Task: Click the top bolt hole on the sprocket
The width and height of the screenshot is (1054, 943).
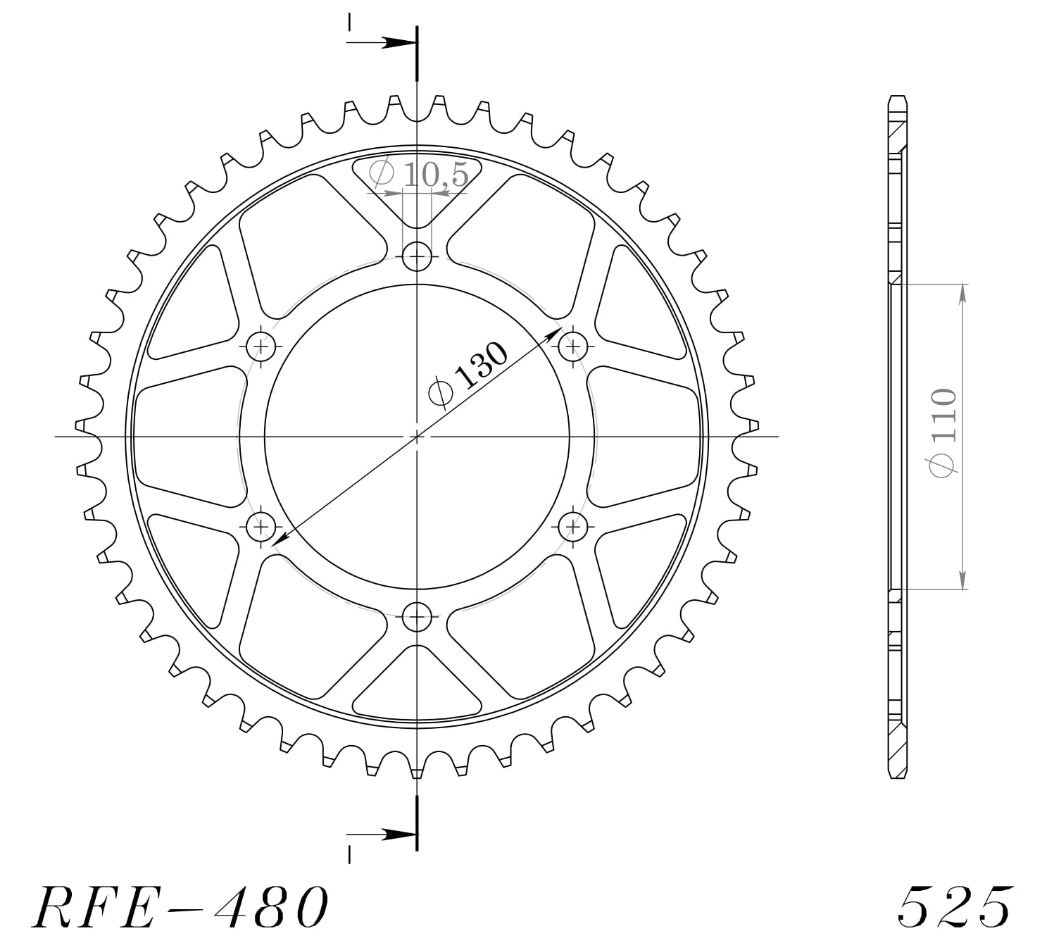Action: point(418,256)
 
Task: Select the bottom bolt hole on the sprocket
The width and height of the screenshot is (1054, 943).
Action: point(418,618)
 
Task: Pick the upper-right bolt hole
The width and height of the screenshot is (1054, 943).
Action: point(574,346)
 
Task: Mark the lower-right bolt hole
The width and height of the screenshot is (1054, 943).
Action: point(574,526)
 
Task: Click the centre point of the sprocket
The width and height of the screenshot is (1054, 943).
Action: point(418,437)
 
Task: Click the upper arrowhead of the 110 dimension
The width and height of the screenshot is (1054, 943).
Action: point(962,293)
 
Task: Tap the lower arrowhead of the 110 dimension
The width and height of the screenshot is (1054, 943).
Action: point(962,580)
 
